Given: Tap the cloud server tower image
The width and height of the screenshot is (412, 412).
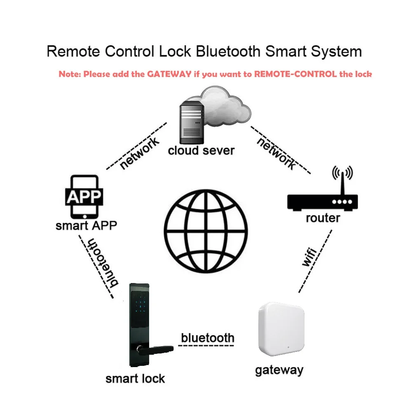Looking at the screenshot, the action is click(192, 122).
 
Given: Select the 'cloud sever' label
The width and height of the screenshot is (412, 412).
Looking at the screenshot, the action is click(201, 150).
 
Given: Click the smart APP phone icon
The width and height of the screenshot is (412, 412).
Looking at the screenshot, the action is click(84, 197).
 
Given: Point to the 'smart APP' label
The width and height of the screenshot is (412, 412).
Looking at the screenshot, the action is click(86, 225).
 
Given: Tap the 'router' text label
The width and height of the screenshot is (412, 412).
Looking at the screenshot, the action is click(323, 218).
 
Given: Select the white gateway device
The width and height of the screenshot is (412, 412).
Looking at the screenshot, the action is click(281, 329).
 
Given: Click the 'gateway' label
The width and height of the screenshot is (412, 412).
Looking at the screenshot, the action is click(279, 370).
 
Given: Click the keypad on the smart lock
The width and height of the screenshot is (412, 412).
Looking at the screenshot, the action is click(140, 304).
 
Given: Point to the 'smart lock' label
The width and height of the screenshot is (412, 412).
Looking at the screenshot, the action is click(135, 379).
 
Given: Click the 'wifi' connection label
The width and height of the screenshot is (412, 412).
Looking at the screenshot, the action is click(310, 257).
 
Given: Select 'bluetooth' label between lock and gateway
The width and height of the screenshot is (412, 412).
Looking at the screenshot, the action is click(208, 338).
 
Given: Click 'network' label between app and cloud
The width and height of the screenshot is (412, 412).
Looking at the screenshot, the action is click(140, 153).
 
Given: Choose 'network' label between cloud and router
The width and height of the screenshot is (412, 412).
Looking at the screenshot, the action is click(276, 153).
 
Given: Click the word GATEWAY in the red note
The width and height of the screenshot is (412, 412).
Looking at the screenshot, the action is click(169, 74).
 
